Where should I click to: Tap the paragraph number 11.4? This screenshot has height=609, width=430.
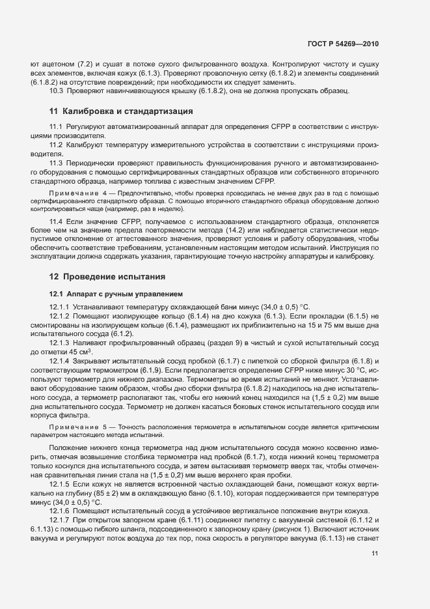(56, 223)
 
